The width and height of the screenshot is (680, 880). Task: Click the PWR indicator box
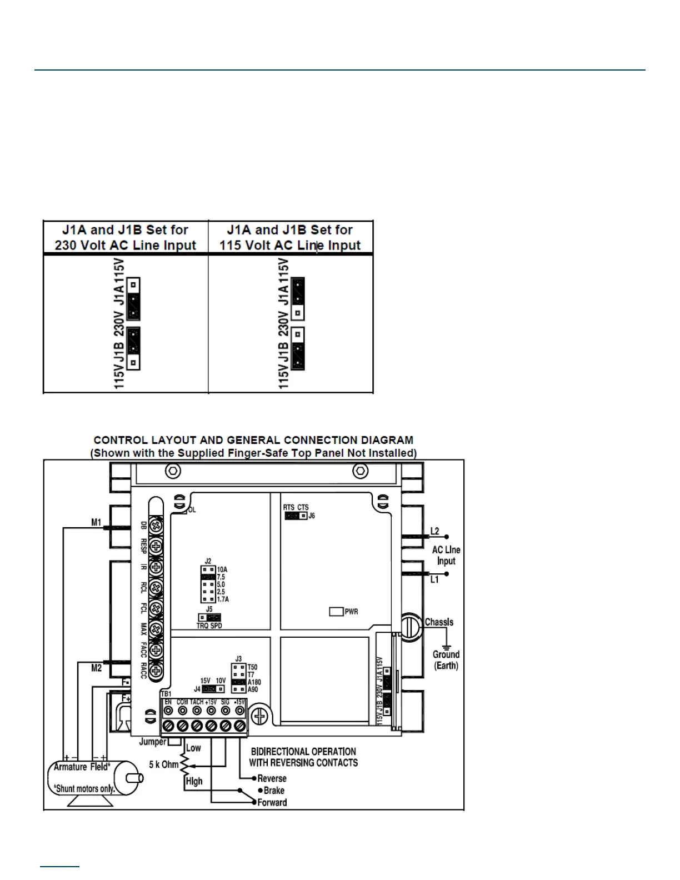tap(336, 611)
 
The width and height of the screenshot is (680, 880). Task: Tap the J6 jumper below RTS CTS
tap(296, 516)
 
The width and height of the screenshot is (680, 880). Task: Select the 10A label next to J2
tap(222, 569)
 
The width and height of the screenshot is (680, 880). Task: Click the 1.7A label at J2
tap(222, 599)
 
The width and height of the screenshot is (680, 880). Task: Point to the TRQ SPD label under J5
tap(209, 626)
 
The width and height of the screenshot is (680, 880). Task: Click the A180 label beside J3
tap(254, 682)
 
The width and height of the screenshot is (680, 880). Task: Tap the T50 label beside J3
tap(253, 667)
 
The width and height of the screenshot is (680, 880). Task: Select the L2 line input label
tap(434, 532)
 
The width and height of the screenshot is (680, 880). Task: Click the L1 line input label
tap(434, 579)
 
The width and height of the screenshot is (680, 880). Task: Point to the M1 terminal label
tap(96, 522)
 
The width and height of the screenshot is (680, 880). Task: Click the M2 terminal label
tap(96, 668)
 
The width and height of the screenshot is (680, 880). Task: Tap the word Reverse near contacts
tap(272, 778)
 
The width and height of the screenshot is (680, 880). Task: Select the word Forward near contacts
tap(272, 802)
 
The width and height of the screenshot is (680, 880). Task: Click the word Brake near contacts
tap(274, 790)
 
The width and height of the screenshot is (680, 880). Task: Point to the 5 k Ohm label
tap(163, 764)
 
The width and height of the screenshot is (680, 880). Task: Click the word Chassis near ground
tap(439, 622)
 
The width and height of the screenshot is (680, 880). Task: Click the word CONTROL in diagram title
tap(119, 440)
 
